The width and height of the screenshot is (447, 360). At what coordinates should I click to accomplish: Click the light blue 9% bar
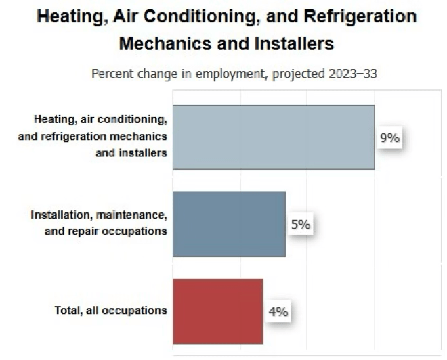point(274,137)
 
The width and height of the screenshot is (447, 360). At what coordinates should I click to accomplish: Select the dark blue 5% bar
point(229,224)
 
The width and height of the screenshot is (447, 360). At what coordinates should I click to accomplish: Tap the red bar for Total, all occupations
point(217,311)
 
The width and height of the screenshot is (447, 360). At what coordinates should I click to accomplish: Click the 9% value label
point(389,139)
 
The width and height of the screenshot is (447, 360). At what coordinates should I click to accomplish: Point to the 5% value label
point(301,225)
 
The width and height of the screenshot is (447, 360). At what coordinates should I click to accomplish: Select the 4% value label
point(278,312)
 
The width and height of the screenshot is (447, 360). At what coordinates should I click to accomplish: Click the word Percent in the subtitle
point(114,74)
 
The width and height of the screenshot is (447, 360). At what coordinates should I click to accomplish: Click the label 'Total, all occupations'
point(110,311)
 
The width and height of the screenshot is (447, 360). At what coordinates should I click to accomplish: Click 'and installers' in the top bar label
point(131,152)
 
